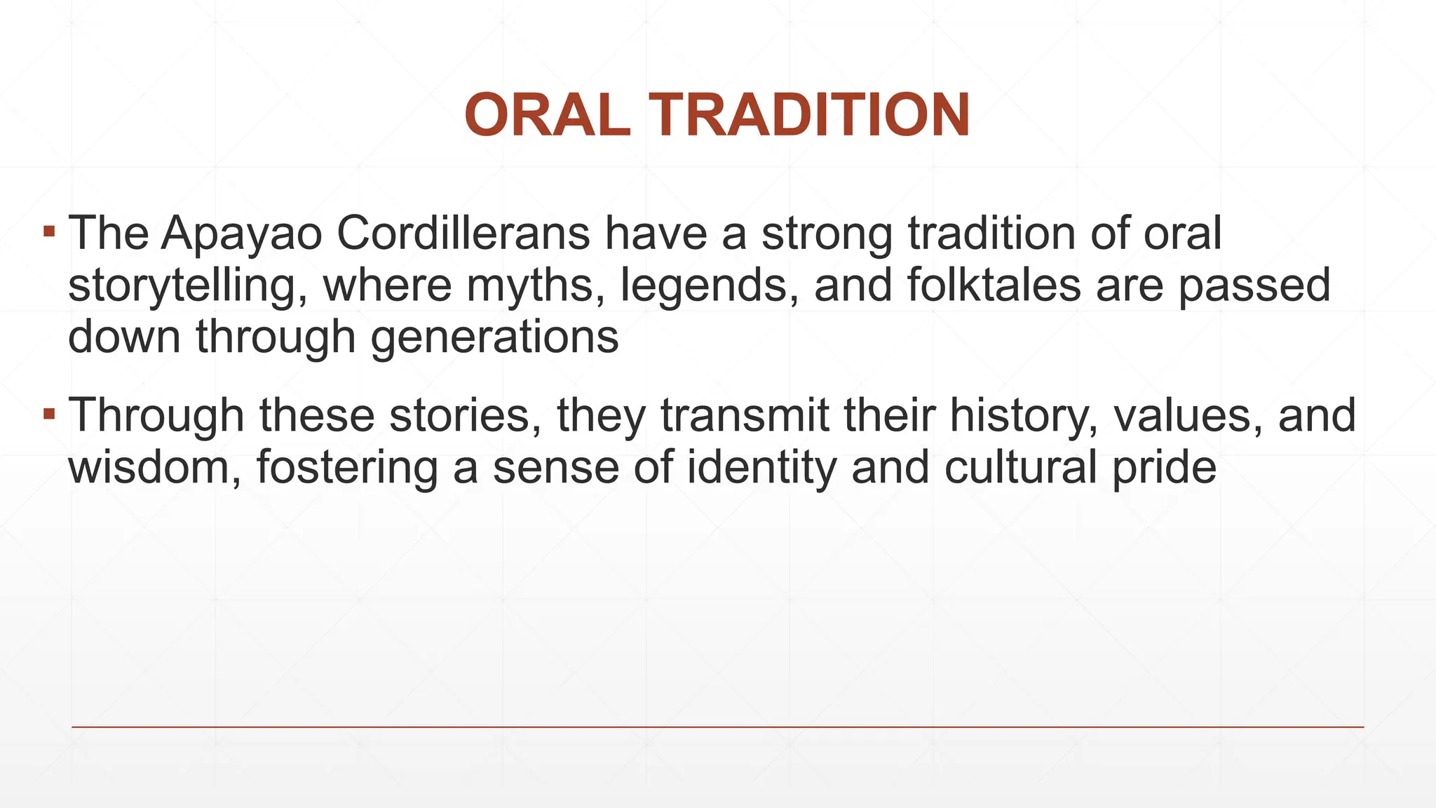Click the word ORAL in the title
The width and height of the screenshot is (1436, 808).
tap(546, 116)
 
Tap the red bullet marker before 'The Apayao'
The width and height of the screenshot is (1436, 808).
tap(48, 230)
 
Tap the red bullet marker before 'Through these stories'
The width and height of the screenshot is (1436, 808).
tap(48, 413)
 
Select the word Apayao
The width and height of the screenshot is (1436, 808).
tap(241, 234)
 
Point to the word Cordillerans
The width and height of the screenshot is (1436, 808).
tap(463, 233)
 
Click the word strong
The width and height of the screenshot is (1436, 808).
tap(827, 234)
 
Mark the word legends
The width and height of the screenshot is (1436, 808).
tap(709, 286)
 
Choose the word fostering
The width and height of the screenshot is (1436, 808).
tap(347, 468)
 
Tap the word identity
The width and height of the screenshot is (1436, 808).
tap(761, 468)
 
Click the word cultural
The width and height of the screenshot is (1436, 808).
tap(1020, 468)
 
